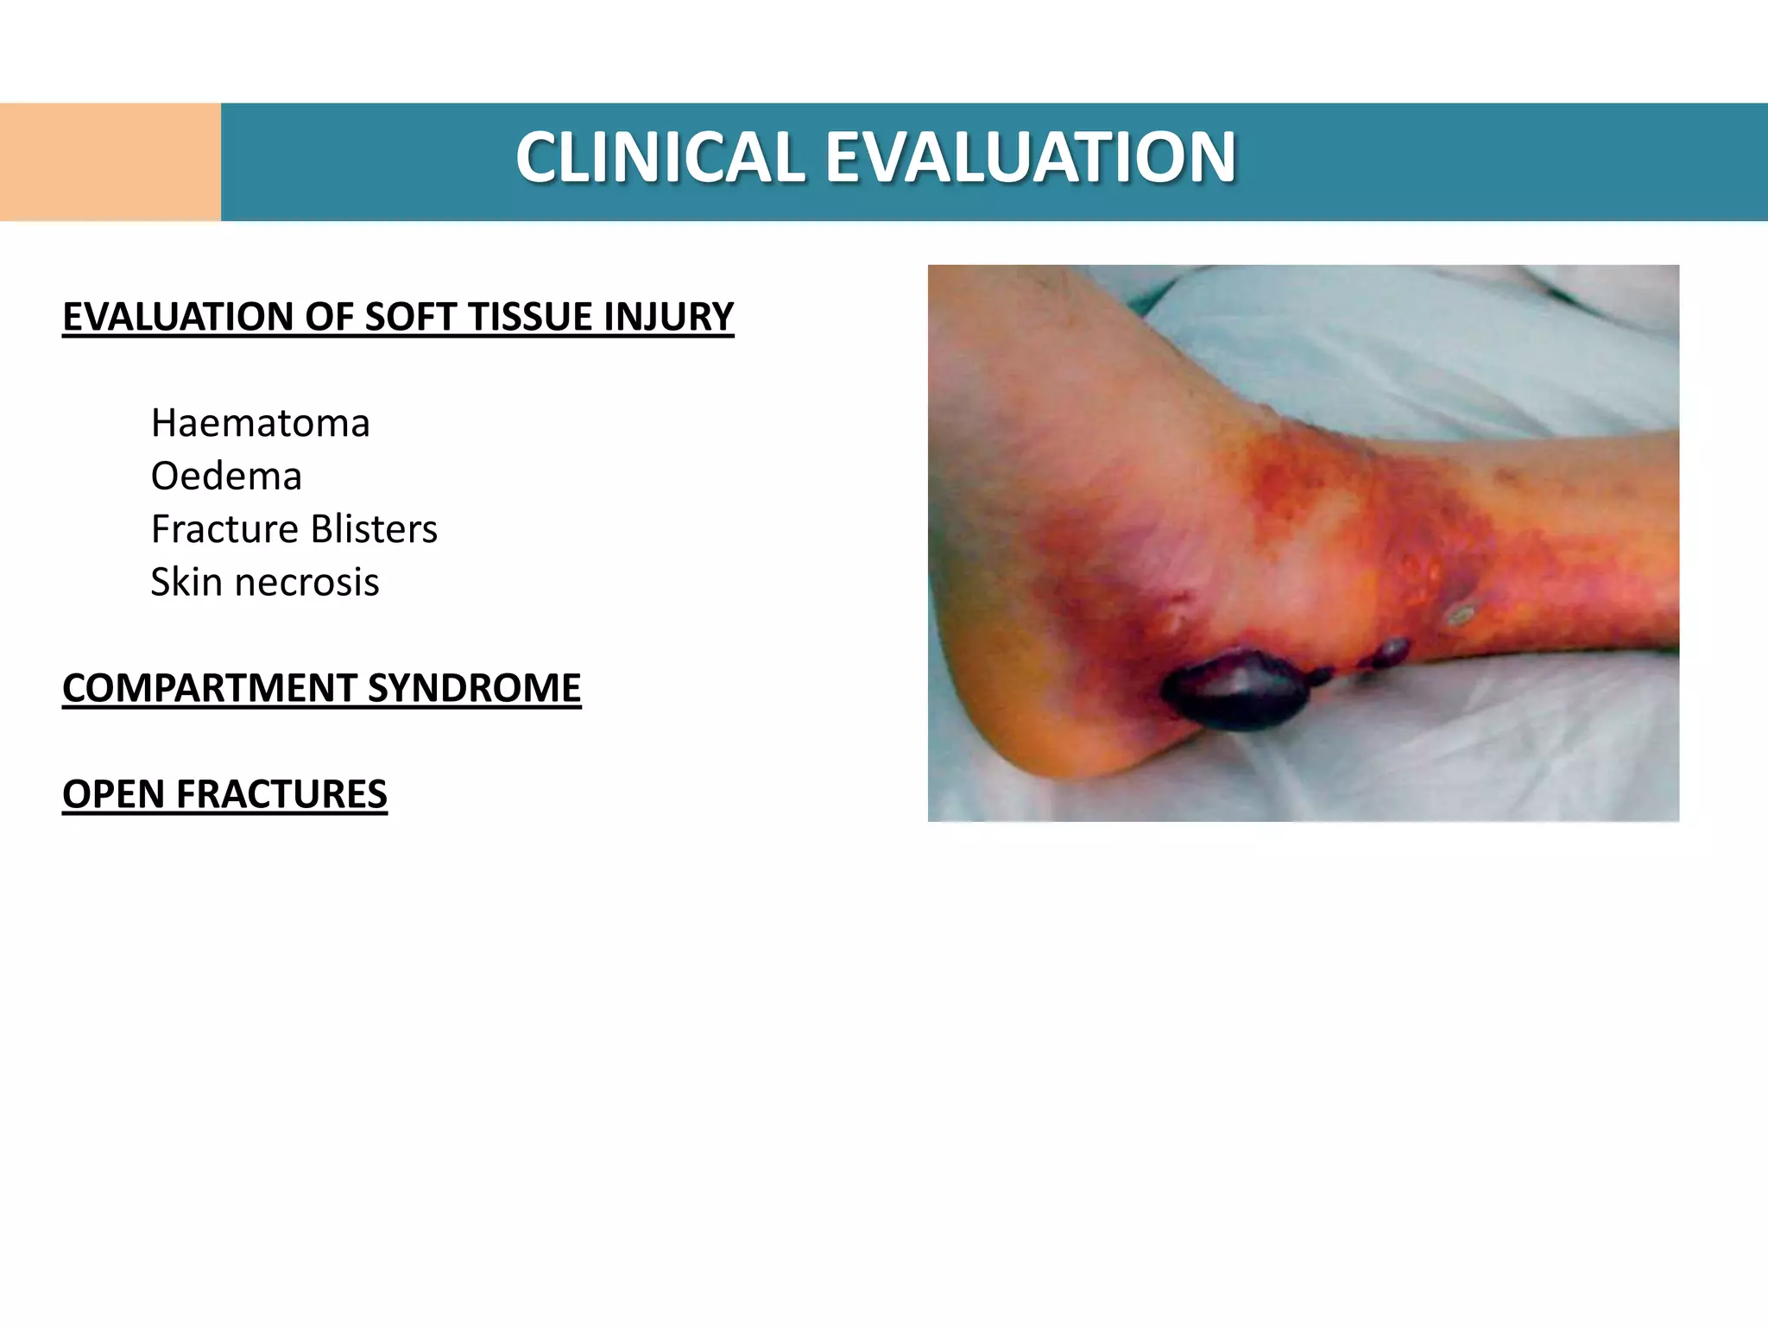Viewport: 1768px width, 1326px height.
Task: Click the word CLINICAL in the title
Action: point(660,158)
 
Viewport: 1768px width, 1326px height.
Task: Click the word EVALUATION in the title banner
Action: point(1031,158)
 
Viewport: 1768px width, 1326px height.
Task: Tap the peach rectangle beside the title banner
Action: point(110,161)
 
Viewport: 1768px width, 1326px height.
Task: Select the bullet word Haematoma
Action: point(260,424)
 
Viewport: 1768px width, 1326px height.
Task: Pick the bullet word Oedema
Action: point(226,477)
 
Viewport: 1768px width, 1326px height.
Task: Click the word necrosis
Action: point(306,583)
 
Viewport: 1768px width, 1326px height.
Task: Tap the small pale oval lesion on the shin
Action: point(1461,615)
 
